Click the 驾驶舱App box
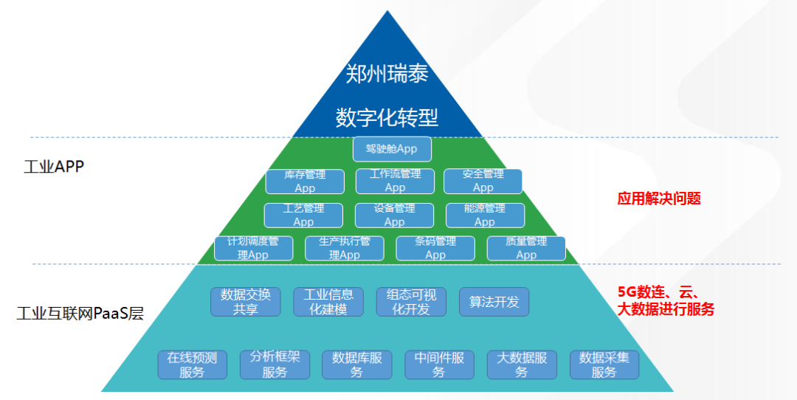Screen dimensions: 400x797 [392, 149]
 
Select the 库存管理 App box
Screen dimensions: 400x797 [305, 182]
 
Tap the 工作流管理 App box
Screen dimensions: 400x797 [395, 181]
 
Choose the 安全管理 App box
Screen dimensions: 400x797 [483, 181]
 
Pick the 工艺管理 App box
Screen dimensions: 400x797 [303, 215]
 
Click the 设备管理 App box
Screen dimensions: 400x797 [394, 215]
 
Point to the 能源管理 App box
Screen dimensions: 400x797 [485, 215]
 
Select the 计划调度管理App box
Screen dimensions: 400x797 [253, 248]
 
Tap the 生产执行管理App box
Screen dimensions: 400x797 [345, 248]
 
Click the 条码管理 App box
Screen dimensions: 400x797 [435, 248]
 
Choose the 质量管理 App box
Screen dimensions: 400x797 [526, 248]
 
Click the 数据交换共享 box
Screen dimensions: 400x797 [246, 302]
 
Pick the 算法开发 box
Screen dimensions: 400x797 [494, 302]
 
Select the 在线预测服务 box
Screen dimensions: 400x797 [192, 365]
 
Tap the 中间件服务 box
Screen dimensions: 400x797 [439, 365]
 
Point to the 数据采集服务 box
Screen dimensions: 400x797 [604, 365]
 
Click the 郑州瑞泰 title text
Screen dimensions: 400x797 [387, 73]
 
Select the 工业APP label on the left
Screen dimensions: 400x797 [54, 166]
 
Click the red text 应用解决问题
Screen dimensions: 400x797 [659, 199]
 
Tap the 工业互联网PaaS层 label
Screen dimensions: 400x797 [80, 314]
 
